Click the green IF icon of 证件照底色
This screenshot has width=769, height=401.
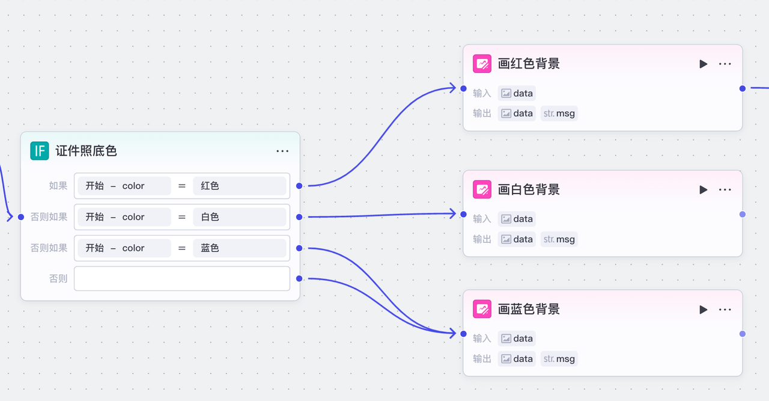click(40, 151)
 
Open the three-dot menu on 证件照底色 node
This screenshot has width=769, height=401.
click(282, 151)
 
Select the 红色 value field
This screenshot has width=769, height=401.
click(239, 186)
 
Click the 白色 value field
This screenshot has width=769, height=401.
click(239, 217)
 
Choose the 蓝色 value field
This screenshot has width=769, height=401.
click(239, 248)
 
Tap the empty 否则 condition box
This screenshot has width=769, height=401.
click(181, 278)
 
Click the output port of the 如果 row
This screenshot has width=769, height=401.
click(299, 186)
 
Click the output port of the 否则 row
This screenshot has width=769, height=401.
click(299, 278)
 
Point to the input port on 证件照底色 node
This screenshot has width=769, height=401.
click(21, 217)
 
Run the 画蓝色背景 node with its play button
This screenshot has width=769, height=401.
click(703, 310)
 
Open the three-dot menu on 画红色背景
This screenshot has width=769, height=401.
click(725, 64)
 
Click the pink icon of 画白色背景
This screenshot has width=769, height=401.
click(482, 189)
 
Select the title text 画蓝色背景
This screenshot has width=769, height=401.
click(529, 310)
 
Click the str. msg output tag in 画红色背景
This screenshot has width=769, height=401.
click(559, 113)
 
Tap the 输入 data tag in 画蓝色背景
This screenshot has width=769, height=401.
click(517, 338)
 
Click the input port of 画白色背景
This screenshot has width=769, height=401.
click(463, 214)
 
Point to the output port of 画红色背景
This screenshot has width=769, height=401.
click(743, 88)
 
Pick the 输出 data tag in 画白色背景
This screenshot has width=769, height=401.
click(517, 239)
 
